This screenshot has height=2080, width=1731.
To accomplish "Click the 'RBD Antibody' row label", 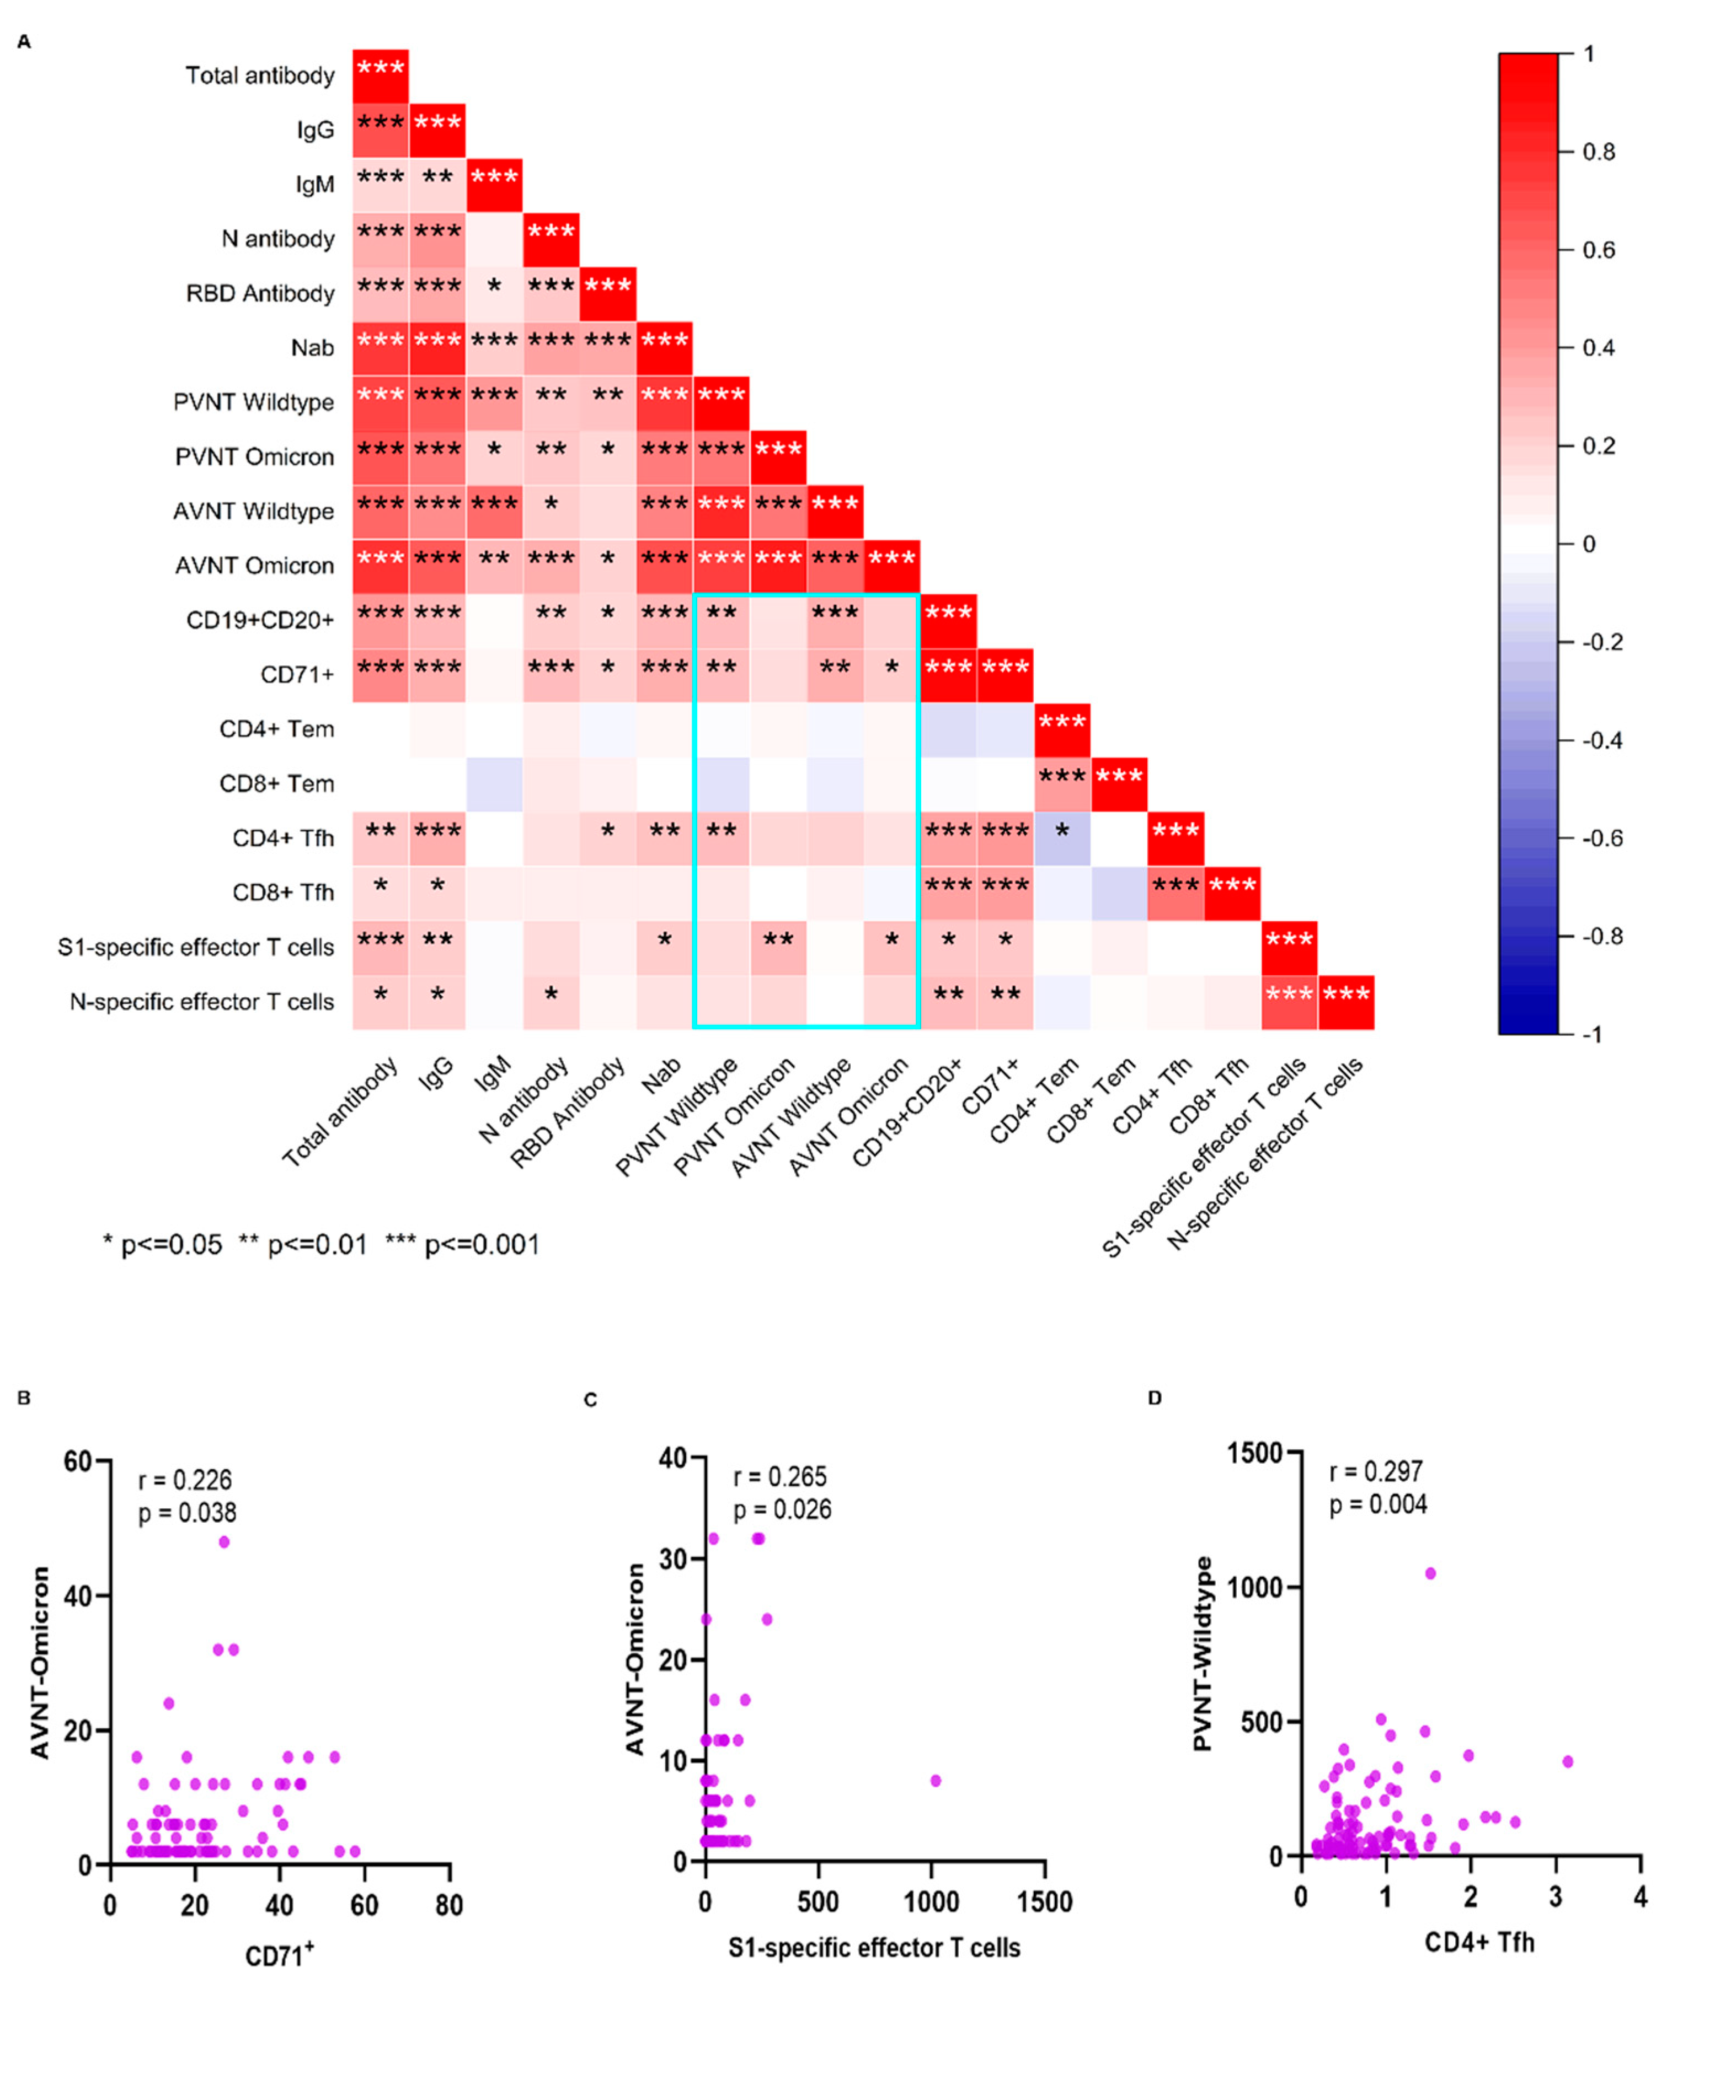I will point(260,294).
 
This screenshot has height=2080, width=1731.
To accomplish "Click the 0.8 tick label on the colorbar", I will point(1598,152).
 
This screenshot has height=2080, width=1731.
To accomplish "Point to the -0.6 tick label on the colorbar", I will point(1601,839).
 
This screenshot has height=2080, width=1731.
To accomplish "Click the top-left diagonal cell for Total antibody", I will point(381,76).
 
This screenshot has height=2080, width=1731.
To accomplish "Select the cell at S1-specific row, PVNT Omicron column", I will point(778,947).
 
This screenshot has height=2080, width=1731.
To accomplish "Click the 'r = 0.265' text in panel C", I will point(780,1477).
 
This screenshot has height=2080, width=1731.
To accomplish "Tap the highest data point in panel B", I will point(224,1542).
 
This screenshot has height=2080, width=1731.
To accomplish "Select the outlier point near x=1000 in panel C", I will point(936,1781).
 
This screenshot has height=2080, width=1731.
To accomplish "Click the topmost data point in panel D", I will point(1430,1573).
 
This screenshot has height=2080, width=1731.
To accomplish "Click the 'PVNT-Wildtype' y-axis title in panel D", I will point(1203,1654).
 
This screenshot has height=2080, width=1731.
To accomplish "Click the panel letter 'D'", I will point(1155,1398).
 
